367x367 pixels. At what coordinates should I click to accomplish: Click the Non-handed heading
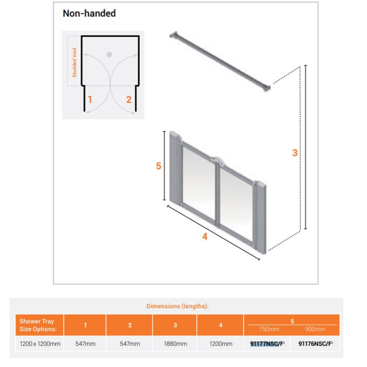(x=89, y=13)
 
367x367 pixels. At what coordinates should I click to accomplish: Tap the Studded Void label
(x=74, y=62)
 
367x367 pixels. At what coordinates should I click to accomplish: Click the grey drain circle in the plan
(x=109, y=55)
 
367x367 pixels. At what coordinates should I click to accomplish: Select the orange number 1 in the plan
(x=90, y=100)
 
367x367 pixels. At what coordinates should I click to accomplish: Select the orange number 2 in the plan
(x=129, y=100)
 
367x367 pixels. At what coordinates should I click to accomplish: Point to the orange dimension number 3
(x=295, y=153)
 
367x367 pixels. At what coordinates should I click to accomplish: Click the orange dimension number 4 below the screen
(x=205, y=236)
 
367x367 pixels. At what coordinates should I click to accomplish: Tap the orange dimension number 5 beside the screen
(x=159, y=166)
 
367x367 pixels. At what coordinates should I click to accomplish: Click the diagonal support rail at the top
(x=220, y=61)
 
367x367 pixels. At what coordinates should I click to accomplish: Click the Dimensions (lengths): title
(x=178, y=306)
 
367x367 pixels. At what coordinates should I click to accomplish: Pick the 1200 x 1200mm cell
(x=40, y=344)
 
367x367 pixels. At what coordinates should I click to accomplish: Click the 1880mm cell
(x=175, y=344)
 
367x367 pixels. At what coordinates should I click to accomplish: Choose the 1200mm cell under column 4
(x=221, y=344)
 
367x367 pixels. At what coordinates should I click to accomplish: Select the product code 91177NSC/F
(x=267, y=344)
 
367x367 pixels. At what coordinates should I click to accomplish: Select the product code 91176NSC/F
(x=316, y=344)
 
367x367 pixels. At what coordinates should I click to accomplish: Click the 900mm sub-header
(x=315, y=329)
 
